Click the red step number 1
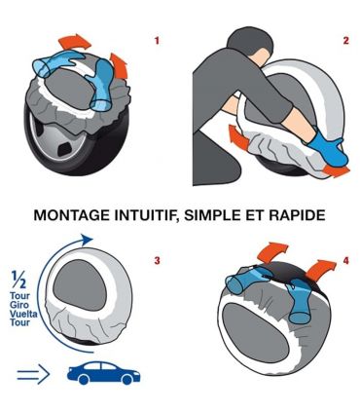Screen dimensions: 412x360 [x=159, y=42]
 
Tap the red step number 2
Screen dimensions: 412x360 [x=345, y=41]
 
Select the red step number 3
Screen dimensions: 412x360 [x=158, y=262]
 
